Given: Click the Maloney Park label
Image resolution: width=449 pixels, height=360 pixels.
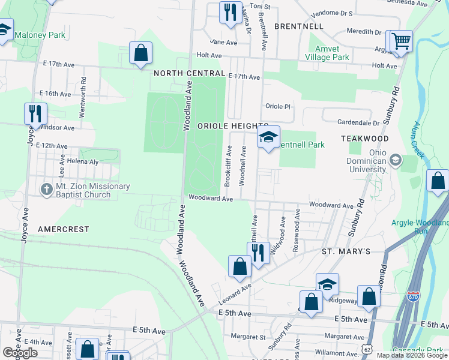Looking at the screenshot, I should point(40,35).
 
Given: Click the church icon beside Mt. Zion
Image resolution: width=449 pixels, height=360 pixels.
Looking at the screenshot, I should point(46,190).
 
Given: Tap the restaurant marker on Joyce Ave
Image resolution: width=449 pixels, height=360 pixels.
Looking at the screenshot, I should point(36,113).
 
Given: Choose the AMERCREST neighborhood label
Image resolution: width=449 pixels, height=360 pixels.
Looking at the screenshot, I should point(63,229).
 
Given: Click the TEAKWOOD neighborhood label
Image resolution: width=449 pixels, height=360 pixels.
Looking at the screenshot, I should point(365,138).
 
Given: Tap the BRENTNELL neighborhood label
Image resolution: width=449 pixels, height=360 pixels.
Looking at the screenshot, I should point(298,26).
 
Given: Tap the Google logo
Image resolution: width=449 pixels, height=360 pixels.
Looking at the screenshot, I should point(20,353).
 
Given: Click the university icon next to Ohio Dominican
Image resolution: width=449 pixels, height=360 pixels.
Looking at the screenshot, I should point(395,160).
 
